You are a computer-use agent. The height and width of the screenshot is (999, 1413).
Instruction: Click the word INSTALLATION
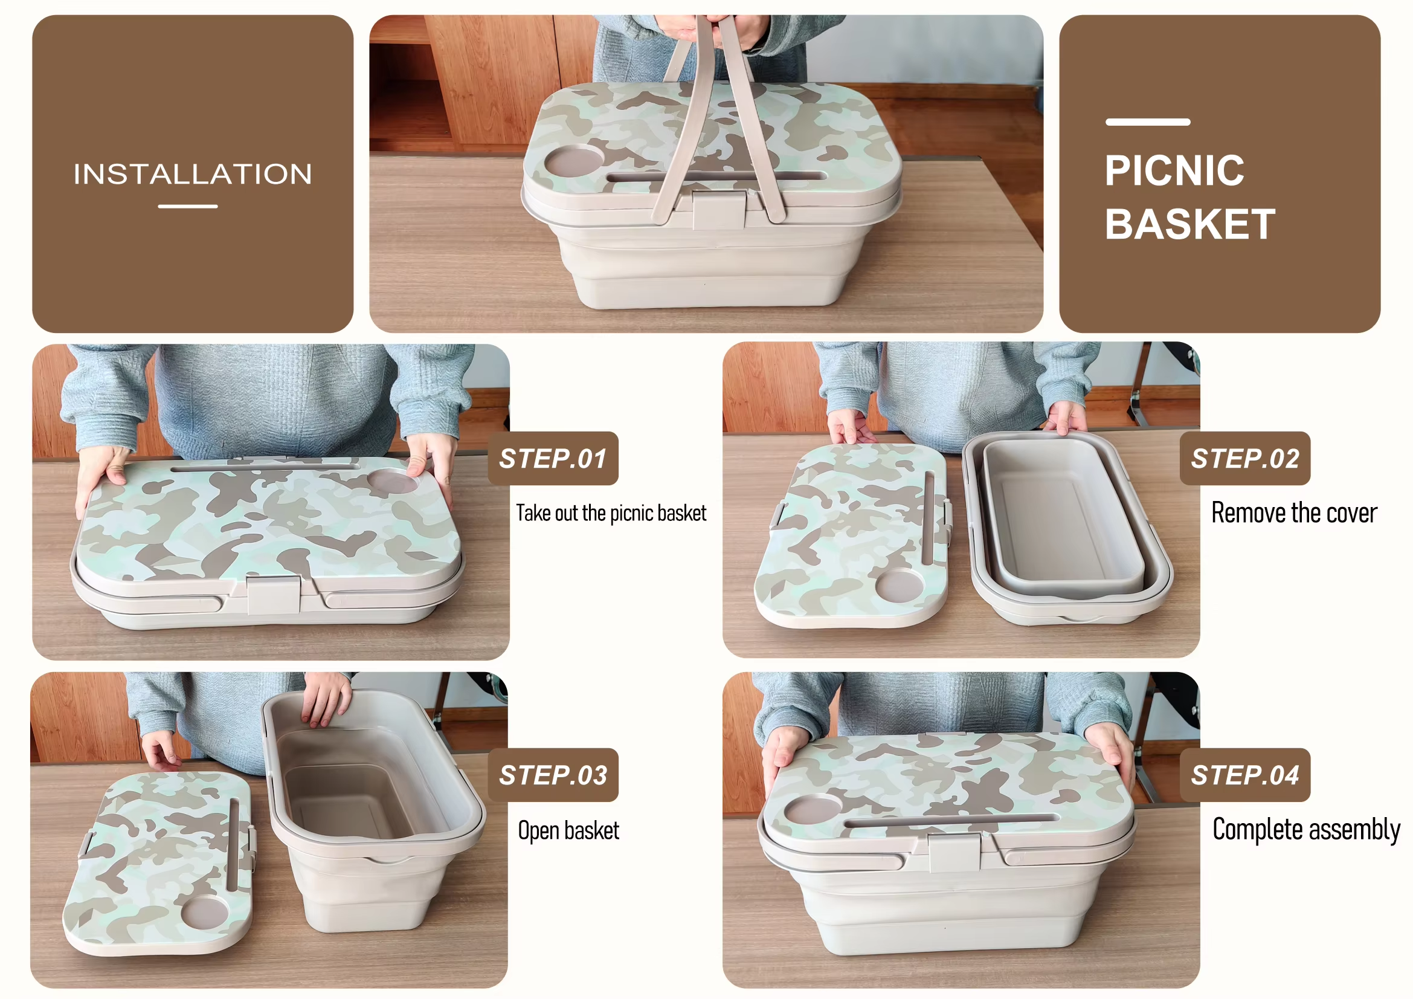pos(193,174)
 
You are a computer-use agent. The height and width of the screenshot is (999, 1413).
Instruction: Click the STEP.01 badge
pos(553,459)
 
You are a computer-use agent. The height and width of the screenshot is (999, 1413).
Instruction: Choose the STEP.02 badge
pos(1245,459)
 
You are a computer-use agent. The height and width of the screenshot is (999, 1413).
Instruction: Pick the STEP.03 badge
pos(553,775)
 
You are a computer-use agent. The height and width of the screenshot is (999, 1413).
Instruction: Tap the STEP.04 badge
pos(1245,775)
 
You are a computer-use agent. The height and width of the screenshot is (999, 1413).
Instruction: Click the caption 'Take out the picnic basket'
pos(611,512)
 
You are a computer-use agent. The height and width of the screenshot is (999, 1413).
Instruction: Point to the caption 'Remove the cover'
pos(1294,512)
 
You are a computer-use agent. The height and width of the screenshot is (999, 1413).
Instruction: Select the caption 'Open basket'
pos(568,830)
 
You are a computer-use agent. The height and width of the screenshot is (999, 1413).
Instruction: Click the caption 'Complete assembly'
pos(1306,830)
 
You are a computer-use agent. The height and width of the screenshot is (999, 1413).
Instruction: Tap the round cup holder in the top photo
pos(574,161)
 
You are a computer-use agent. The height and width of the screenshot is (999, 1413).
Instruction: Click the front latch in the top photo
pos(719,210)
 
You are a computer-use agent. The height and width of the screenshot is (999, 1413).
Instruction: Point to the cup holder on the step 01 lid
pos(393,481)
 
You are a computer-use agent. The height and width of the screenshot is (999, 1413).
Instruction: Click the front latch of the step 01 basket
pos(274,595)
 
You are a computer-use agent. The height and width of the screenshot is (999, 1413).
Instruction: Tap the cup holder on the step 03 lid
pos(205,913)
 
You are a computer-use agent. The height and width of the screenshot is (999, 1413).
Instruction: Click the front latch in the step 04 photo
pos(954,853)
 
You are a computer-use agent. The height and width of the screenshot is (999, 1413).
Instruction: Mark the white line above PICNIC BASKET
pos(1148,122)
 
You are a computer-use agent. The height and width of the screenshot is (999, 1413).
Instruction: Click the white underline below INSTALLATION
pos(188,206)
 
